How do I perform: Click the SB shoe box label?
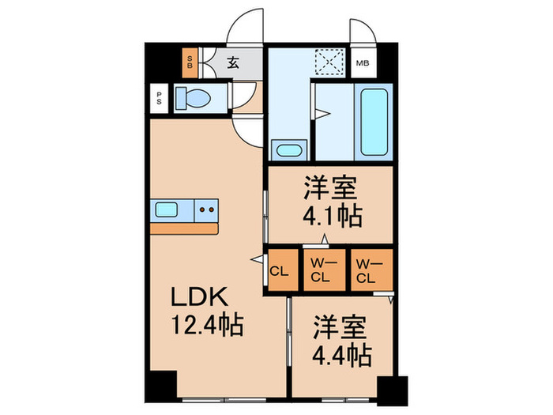190,62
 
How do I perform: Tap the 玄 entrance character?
234,63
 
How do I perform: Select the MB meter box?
363,63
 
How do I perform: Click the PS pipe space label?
159,98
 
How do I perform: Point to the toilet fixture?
194,98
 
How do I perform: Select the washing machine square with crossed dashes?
326,62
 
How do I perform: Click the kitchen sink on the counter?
167,209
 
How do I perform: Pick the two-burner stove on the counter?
206,209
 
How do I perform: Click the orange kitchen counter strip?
183,228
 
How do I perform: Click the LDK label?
201,298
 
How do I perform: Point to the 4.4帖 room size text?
341,355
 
